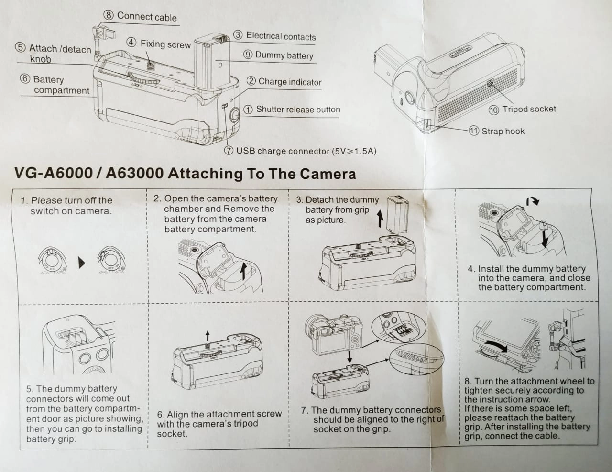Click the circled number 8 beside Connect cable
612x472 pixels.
(109, 16)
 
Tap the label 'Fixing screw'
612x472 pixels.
(165, 44)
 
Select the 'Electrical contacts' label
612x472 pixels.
(281, 36)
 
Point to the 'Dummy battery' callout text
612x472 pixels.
(284, 55)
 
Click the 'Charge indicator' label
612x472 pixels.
(290, 82)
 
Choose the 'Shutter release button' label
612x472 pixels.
(298, 110)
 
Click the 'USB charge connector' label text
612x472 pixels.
(306, 151)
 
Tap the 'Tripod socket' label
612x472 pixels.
(529, 109)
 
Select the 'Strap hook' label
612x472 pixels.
(503, 131)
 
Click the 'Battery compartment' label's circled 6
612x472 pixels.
(25, 79)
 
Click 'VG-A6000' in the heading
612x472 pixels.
(53, 173)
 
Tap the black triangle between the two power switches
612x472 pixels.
(82, 263)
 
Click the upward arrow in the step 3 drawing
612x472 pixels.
(380, 220)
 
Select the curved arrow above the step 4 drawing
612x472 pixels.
(533, 201)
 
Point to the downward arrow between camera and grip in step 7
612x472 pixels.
(350, 356)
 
